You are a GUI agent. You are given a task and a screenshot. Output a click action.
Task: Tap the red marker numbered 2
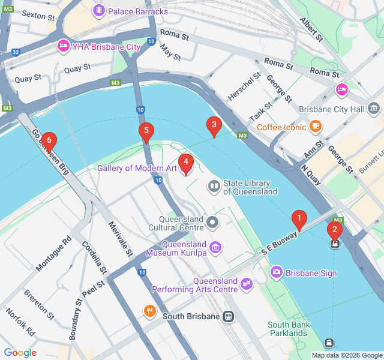click(334, 230)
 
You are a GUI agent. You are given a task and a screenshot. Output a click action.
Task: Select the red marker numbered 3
click(212, 125)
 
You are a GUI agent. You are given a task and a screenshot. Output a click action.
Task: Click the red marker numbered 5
click(145, 131)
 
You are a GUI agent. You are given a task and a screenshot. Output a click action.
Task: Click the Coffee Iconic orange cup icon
click(316, 127)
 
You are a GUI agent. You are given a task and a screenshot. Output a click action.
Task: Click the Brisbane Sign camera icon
click(277, 272)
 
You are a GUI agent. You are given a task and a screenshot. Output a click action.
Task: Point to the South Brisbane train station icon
click(228, 316)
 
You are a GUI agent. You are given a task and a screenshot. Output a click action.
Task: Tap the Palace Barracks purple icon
click(98, 11)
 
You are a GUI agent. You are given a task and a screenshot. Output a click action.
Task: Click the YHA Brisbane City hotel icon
click(62, 46)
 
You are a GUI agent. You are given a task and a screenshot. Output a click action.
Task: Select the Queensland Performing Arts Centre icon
click(246, 283)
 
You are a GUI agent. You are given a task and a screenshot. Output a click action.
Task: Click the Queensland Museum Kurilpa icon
click(215, 247)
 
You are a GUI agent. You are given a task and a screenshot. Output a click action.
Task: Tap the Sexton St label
click(43, 16)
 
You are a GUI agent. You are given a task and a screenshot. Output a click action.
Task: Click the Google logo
click(20, 352)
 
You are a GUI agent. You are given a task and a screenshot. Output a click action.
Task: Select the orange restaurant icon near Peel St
click(149, 311)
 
